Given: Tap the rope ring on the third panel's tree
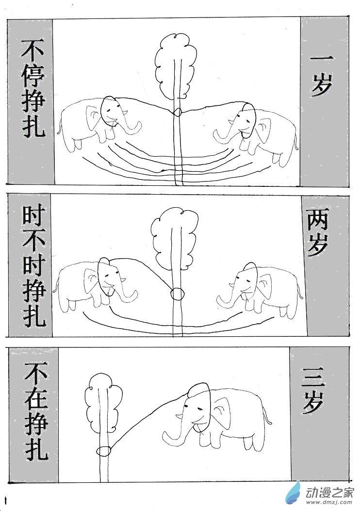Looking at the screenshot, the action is pyautogui.click(x=104, y=450).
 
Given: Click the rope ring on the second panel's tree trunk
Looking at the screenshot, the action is pyautogui.click(x=178, y=294).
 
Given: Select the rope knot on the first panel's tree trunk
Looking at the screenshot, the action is pyautogui.click(x=177, y=112).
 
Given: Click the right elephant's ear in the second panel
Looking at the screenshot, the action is pyautogui.click(x=264, y=287).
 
